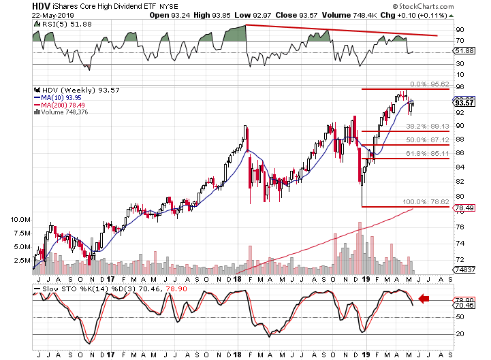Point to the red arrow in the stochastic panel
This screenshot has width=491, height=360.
tap(424, 297)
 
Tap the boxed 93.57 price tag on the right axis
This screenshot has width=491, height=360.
tap(465, 102)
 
